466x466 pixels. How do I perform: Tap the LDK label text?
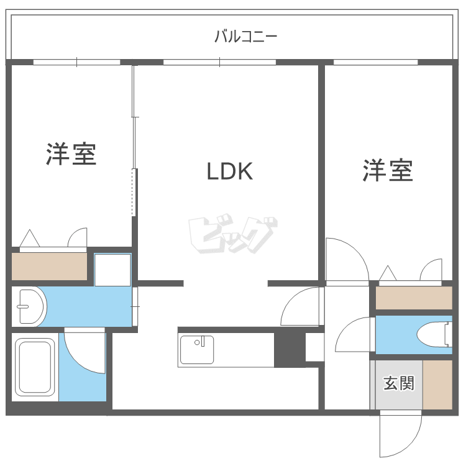tap(230, 171)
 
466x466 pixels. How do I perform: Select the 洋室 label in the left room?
tap(71, 154)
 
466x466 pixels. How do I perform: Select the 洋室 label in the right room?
tap(388, 170)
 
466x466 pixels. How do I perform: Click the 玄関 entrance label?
tap(398, 383)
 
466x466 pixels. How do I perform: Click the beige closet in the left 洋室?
tap(50, 266)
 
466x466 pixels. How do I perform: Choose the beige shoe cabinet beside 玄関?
tap(437, 384)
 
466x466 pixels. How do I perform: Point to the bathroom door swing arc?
tap(84, 351)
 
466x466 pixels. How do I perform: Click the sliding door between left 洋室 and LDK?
tap(134, 143)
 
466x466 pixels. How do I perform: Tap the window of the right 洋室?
tap(375, 62)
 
